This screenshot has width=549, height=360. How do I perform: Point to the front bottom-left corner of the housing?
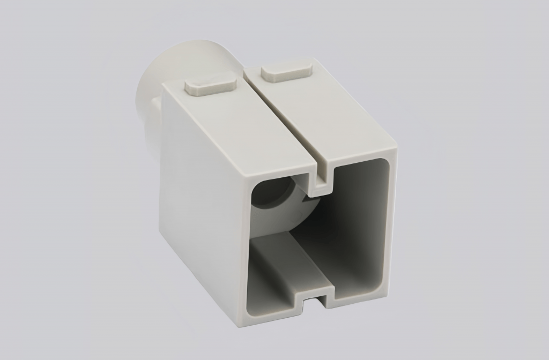click(x=240, y=321)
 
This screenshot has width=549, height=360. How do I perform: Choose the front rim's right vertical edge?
click(x=391, y=220)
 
